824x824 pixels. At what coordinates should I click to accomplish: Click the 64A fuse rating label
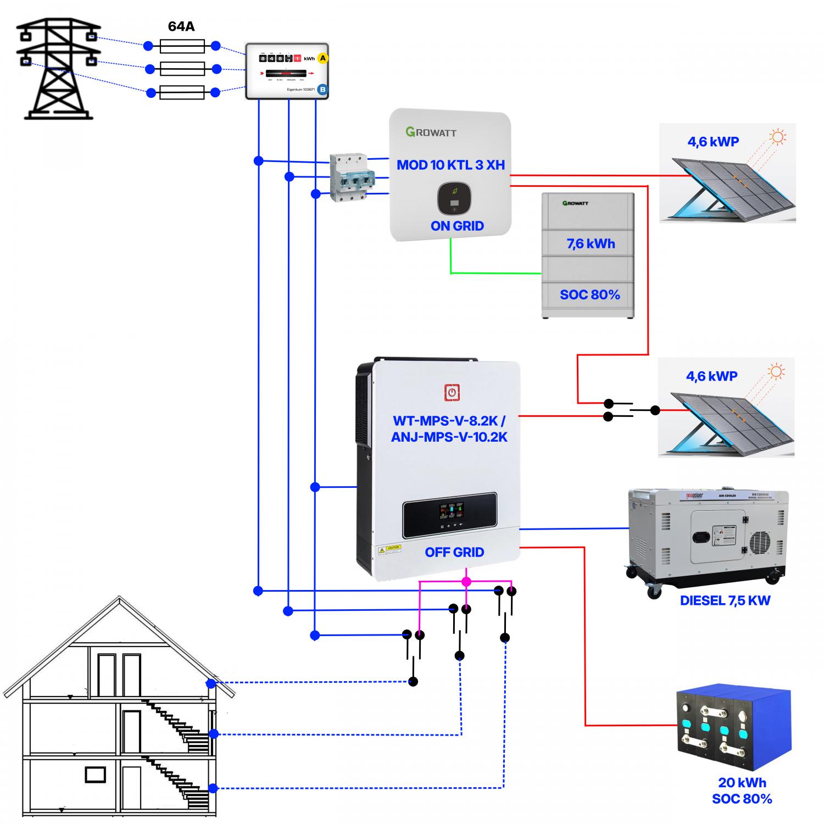click(x=181, y=26)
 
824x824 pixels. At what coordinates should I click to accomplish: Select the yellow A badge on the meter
click(x=322, y=58)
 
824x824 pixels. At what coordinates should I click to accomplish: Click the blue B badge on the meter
click(x=322, y=89)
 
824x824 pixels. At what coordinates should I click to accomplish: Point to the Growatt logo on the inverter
click(x=431, y=132)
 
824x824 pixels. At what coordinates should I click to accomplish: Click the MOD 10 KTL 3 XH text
click(x=450, y=165)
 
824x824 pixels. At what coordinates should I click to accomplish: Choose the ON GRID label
click(x=457, y=226)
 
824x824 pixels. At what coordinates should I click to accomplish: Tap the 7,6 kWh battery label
click(x=591, y=244)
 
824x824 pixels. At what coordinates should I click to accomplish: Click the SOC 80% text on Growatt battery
click(x=589, y=295)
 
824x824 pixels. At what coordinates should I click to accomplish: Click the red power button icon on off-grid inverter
click(x=452, y=393)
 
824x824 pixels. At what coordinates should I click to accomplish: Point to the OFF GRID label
click(x=454, y=552)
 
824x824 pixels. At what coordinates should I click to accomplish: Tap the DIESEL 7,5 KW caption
click(x=725, y=600)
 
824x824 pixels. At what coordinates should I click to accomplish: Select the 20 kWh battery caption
click(x=742, y=783)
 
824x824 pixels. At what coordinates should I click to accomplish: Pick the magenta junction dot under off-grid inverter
click(x=466, y=581)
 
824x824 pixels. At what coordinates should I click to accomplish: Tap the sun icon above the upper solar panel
click(x=777, y=137)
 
